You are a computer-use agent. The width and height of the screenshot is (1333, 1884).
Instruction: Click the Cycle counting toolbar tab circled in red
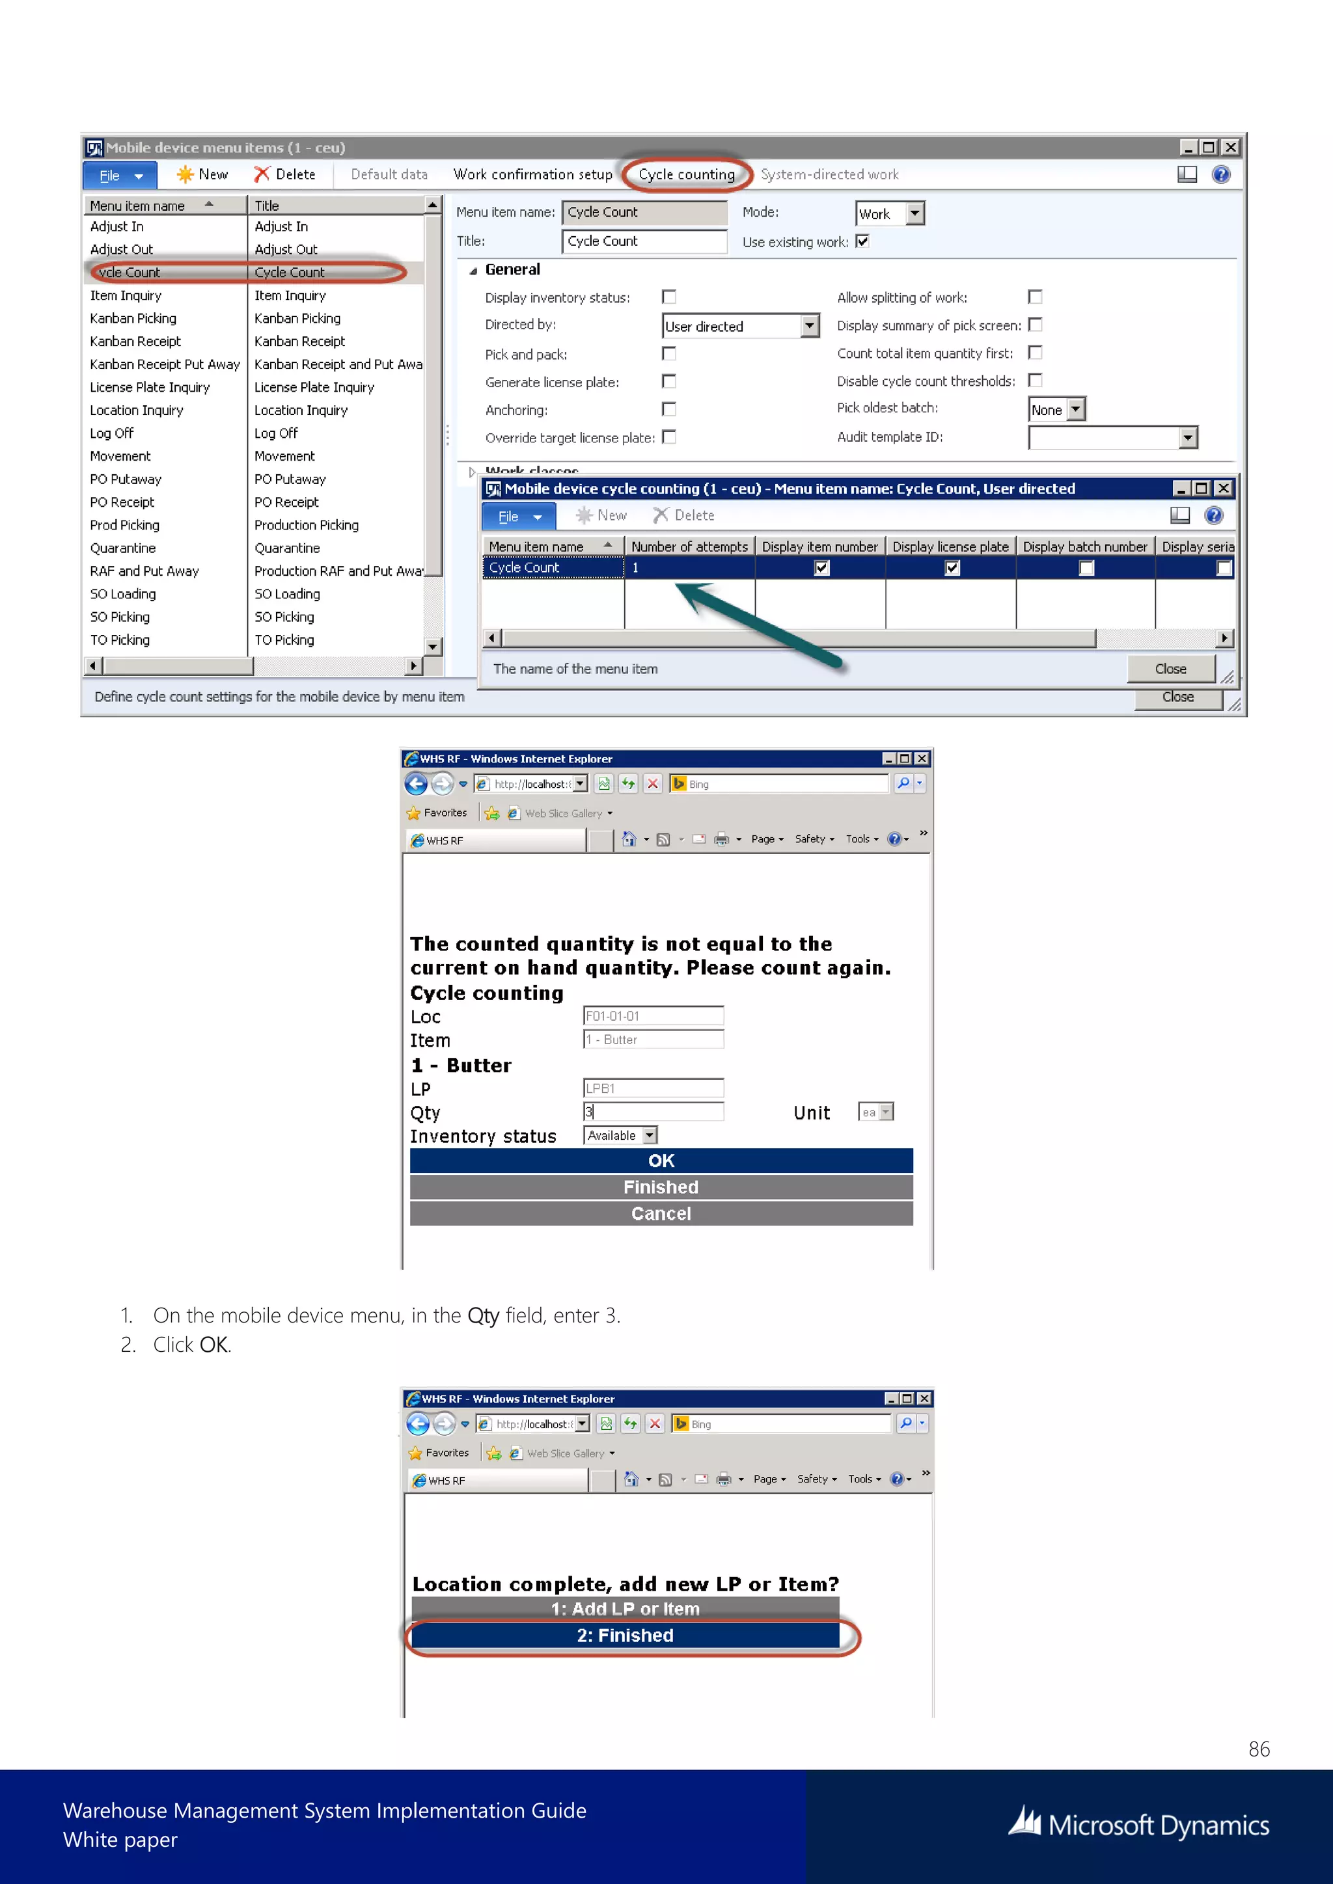point(686,174)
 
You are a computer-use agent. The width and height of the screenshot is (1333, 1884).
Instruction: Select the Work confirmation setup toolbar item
point(532,174)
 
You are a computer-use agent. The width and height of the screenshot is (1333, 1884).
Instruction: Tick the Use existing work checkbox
point(862,241)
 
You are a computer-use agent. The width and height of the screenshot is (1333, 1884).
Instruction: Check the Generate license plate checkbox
point(669,382)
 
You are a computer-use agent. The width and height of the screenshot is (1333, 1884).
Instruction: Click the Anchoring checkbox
point(669,409)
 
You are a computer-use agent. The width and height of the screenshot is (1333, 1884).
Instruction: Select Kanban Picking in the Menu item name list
point(133,318)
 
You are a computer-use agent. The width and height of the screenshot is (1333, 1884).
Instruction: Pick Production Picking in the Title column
point(306,525)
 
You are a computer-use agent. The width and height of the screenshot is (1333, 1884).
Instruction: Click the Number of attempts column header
point(689,546)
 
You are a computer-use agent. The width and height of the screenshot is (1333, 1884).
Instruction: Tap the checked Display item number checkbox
point(821,568)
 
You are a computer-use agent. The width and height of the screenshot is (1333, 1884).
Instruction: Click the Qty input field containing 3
point(653,1112)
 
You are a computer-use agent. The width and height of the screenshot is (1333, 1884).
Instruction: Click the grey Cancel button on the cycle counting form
point(661,1213)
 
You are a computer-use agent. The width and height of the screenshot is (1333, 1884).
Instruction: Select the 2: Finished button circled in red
point(625,1635)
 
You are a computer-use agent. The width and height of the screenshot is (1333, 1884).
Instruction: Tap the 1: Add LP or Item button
point(625,1609)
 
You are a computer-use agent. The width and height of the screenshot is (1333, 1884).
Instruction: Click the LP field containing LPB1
point(653,1088)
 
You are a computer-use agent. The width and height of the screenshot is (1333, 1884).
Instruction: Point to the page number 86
point(1258,1749)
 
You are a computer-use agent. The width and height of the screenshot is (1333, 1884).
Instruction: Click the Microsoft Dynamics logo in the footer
point(1138,1824)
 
